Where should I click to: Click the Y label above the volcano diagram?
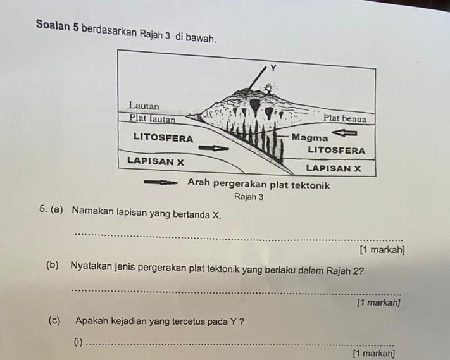pos(273,68)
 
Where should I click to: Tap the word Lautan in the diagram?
pos(144,105)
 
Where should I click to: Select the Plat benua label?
pos(344,118)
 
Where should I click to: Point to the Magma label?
pos(310,137)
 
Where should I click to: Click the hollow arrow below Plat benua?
pos(347,133)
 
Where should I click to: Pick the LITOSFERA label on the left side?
pos(163,137)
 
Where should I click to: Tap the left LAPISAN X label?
pos(155,161)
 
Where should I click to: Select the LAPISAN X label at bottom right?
pos(333,168)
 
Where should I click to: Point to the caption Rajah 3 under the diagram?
pos(248,197)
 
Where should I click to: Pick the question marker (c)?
pos(54,320)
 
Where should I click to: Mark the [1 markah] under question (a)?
pos(380,251)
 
